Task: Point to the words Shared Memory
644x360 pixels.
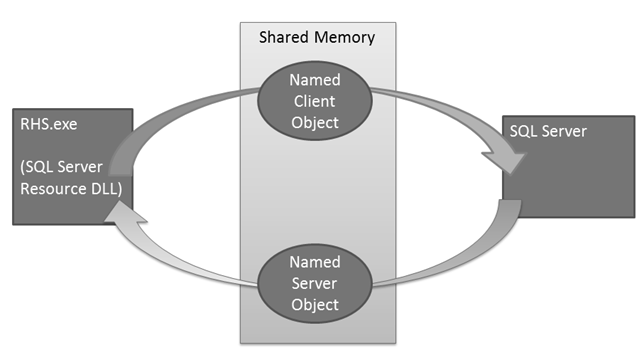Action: (x=317, y=38)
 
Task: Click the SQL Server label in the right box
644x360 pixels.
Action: (x=549, y=131)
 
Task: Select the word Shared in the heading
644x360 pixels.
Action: (x=283, y=38)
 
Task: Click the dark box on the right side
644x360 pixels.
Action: (x=567, y=165)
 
